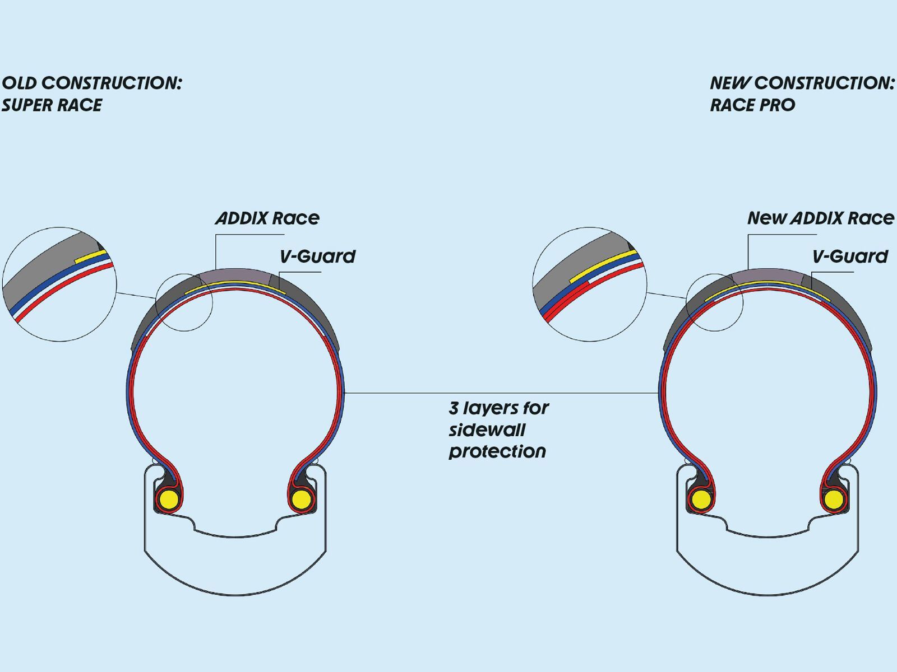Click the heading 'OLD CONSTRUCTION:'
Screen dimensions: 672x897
coord(92,83)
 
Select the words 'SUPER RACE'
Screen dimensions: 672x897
coord(52,105)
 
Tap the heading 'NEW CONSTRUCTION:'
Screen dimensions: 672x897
coord(802,83)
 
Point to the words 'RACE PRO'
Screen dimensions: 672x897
coord(752,105)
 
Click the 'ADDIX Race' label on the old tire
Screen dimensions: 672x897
coord(267,218)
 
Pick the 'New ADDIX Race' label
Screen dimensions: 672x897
coord(821,218)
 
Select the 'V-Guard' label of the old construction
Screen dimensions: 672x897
coord(317,256)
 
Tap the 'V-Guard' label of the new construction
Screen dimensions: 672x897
coord(850,256)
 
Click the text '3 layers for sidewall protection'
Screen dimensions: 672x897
coord(498,430)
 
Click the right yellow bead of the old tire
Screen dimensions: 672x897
coord(301,498)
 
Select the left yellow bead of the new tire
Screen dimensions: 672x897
coord(700,498)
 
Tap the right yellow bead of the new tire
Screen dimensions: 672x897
coord(833,498)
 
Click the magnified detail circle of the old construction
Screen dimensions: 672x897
coord(59,284)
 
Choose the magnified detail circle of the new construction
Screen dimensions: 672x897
coord(590,284)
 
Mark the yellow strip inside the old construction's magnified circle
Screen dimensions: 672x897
coord(91,256)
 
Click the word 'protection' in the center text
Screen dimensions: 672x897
coord(497,451)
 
